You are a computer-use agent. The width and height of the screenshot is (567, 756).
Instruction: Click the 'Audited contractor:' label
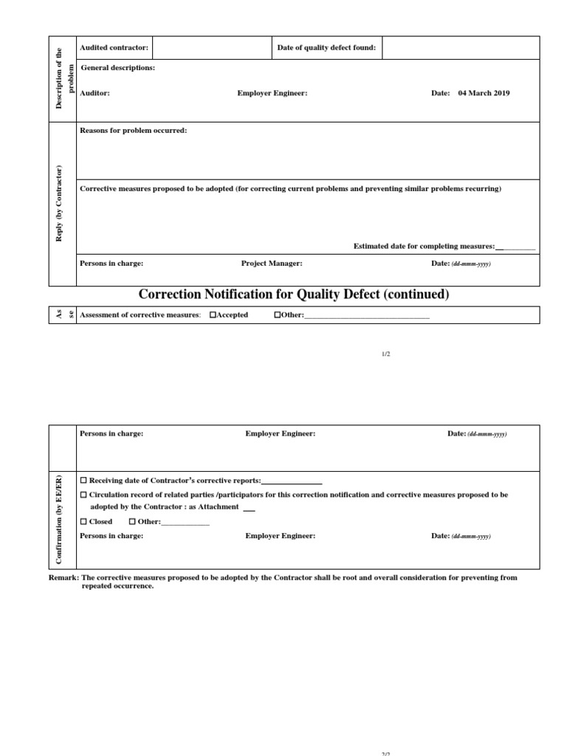[114, 48]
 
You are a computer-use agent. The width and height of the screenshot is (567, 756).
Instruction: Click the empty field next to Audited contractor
[212, 48]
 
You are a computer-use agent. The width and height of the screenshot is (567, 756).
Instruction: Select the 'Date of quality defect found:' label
[326, 48]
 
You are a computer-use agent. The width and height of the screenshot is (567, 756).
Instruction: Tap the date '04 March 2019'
[484, 94]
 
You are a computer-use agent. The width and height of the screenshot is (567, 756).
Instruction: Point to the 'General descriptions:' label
[117, 68]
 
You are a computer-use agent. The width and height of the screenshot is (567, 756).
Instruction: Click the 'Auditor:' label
[94, 94]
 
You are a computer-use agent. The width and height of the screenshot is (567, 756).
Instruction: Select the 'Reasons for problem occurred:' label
[133, 131]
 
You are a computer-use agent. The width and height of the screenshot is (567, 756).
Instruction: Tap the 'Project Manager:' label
[272, 264]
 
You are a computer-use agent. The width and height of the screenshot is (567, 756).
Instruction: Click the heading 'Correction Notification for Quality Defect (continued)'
[293, 295]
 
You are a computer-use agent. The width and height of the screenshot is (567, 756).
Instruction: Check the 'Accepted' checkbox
[213, 315]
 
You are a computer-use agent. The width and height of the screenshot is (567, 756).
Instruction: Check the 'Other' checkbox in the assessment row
[278, 315]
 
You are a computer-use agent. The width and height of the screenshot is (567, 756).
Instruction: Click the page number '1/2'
[385, 354]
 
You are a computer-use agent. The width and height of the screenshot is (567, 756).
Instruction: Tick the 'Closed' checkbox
[83, 522]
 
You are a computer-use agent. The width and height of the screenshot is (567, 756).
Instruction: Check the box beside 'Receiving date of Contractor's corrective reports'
[83, 481]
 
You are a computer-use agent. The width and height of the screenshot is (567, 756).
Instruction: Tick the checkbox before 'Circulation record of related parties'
[83, 495]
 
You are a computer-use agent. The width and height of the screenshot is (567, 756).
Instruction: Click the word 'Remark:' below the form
[63, 578]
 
